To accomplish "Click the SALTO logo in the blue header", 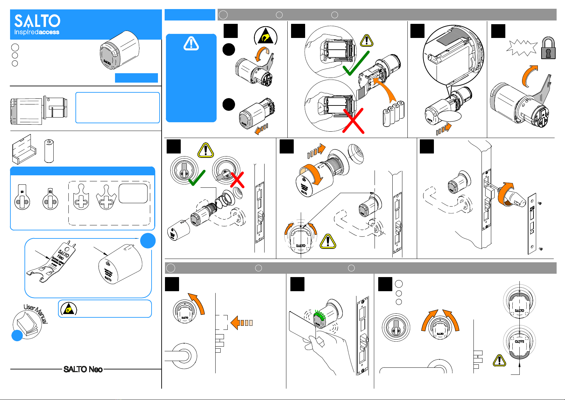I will pos(37,21).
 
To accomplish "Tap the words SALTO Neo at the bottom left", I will pos(83,369).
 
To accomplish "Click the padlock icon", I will pos(548,48).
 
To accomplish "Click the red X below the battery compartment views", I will pos(353,121).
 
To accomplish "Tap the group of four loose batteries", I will pos(394,114).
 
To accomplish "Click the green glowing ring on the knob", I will pos(319,316).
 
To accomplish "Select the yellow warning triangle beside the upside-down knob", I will pos(499,361).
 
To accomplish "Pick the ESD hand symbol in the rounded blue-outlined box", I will pos(68,309).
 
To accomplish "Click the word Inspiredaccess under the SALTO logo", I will pos(37,32).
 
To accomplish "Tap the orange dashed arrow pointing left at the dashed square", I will pos(241,323).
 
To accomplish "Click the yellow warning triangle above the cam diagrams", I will pos(206,150).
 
